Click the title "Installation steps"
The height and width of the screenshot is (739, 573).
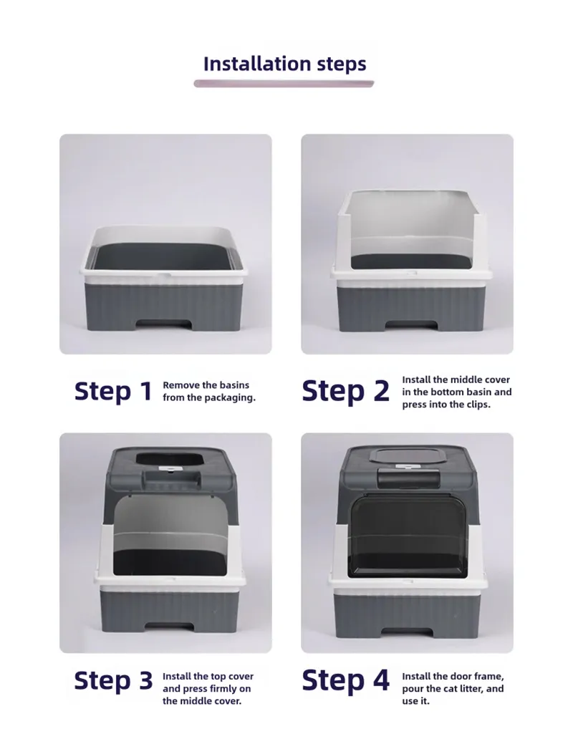click(x=284, y=64)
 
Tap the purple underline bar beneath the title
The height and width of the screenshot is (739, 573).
click(x=284, y=84)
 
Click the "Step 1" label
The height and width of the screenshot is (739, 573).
click(x=113, y=391)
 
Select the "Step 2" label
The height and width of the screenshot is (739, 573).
click(x=345, y=391)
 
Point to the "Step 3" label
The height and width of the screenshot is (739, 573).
click(x=113, y=681)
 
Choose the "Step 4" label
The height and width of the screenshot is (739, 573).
click(x=345, y=681)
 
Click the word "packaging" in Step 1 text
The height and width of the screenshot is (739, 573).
click(x=231, y=397)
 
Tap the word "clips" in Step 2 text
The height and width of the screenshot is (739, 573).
click(x=478, y=405)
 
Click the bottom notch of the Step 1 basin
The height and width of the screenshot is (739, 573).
click(x=165, y=324)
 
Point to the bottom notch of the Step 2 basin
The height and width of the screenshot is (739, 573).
click(x=410, y=325)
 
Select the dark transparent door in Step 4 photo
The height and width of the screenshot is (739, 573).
click(x=407, y=536)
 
